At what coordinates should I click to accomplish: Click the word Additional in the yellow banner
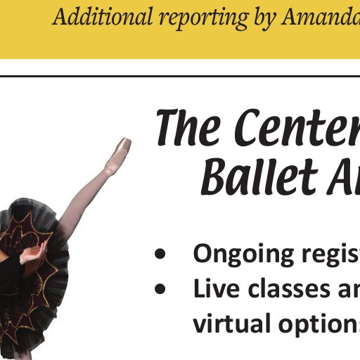point(103,16)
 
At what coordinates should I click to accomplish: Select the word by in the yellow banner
point(264,19)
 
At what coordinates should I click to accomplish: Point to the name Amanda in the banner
point(321,16)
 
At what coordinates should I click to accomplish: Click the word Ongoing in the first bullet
point(243,255)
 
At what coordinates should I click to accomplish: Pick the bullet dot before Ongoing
point(160,253)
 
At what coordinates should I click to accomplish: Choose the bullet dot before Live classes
point(160,288)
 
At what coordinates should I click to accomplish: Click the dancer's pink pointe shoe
point(119,153)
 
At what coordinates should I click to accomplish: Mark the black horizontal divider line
point(180,76)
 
